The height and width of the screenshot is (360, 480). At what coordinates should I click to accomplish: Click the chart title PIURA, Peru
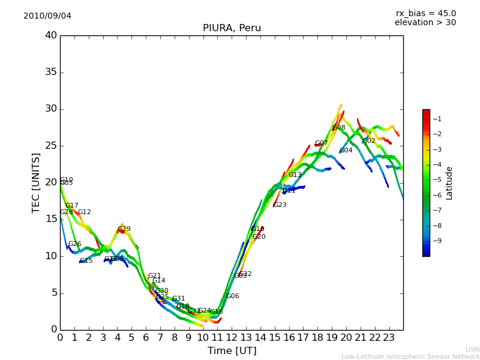(232, 28)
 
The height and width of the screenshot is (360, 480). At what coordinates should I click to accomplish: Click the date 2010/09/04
(47, 16)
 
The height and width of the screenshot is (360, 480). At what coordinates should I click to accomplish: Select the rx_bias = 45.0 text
(425, 13)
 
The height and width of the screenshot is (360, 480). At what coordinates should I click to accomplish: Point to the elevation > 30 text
(425, 23)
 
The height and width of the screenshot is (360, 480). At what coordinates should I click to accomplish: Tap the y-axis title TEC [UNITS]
(36, 182)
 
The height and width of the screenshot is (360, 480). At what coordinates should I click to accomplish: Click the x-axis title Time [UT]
(232, 351)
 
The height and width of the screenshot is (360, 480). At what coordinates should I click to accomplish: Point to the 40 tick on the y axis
(51, 35)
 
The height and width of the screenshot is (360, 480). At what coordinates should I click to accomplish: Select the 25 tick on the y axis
(51, 146)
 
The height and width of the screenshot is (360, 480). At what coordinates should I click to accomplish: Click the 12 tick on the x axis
(232, 337)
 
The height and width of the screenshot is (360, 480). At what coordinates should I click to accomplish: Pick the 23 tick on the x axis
(389, 337)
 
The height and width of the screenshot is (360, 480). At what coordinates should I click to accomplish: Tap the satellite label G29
(124, 229)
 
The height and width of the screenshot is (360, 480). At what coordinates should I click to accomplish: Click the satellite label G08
(339, 128)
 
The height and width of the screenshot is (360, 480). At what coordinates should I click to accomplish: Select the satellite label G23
(280, 205)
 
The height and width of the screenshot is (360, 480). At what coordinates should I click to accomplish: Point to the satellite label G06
(233, 296)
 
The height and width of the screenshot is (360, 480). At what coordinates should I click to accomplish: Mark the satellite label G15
(86, 261)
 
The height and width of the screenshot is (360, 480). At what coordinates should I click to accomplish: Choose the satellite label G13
(295, 175)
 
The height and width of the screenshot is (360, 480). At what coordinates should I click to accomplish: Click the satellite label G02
(369, 141)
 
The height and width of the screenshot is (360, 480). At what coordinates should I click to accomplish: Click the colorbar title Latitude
(449, 183)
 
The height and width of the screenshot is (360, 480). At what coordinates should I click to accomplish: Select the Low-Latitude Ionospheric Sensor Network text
(410, 357)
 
